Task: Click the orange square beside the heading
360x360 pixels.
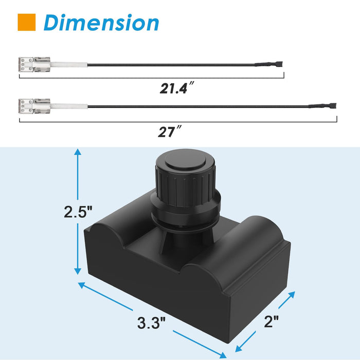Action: pyautogui.click(x=27, y=22)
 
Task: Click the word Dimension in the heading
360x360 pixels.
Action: pyautogui.click(x=101, y=23)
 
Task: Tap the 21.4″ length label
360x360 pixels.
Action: pyautogui.click(x=177, y=88)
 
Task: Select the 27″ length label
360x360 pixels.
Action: pyautogui.click(x=170, y=132)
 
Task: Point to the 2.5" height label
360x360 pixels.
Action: pyautogui.click(x=78, y=212)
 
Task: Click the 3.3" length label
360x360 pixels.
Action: pyautogui.click(x=152, y=322)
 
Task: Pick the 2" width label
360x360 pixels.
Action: pyautogui.click(x=272, y=321)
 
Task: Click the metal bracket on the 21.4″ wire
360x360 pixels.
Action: pyautogui.click(x=34, y=64)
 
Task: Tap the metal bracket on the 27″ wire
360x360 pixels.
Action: pyautogui.click(x=34, y=106)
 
